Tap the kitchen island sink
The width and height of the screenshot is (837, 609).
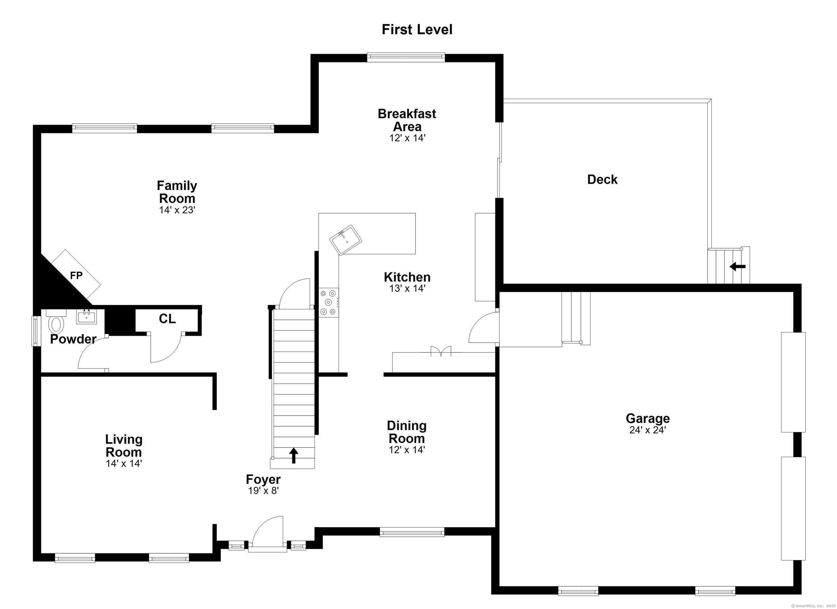point(345,240)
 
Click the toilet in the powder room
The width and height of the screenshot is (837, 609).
point(56,324)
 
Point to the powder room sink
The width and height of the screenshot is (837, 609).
point(86,317)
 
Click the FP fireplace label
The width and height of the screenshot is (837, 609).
point(76,275)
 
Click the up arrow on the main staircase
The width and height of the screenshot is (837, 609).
point(293,455)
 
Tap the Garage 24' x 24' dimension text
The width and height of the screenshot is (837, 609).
point(647,430)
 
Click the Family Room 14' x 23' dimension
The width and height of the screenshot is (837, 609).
point(177,210)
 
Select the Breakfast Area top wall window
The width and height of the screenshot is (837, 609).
point(406,57)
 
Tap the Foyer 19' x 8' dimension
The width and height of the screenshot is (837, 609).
point(263,490)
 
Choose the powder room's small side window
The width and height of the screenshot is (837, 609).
point(36,331)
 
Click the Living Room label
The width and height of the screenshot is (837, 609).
point(124,445)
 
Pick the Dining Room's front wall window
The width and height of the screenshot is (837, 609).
point(412,532)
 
